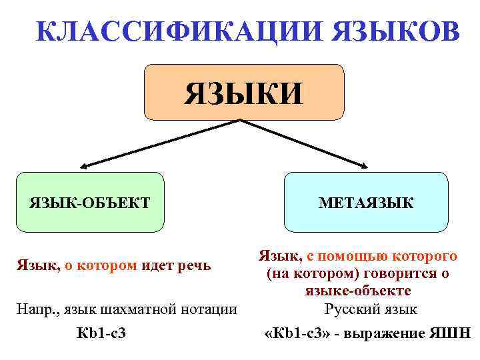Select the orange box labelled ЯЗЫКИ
[244, 92]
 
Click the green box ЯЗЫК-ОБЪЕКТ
[89, 202]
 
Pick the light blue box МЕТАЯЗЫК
[365, 202]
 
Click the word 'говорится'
[392, 273]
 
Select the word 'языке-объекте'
[358, 291]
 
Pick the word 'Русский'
[349, 309]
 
